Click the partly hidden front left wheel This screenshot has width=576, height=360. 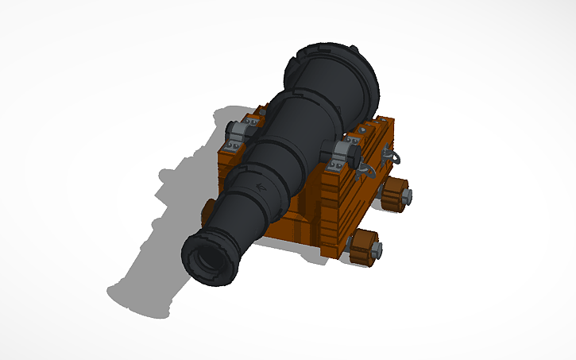click(207, 210)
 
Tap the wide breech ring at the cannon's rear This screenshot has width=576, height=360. click(338, 75)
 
